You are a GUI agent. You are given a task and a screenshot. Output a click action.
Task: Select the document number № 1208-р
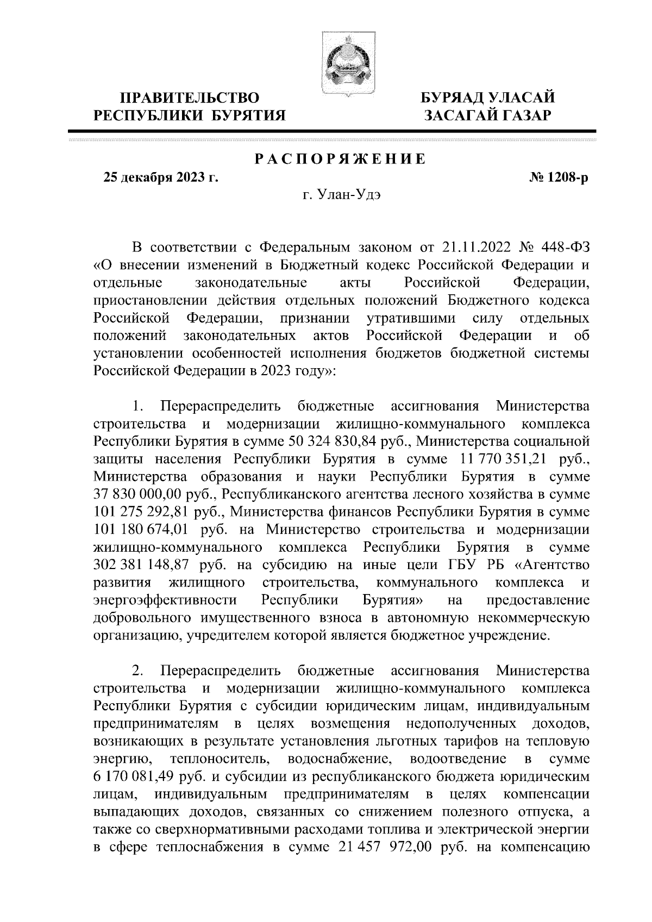(559, 178)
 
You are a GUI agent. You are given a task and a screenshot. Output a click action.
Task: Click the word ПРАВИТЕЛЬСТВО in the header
(190, 98)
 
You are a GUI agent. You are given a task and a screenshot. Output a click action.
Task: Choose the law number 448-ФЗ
(566, 248)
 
